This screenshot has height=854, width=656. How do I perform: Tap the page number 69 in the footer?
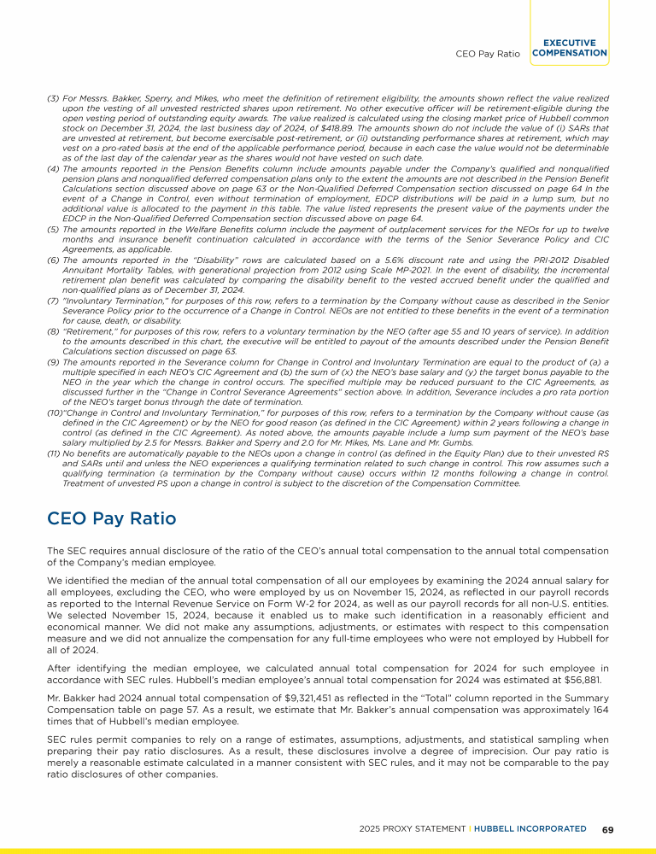pos(607,828)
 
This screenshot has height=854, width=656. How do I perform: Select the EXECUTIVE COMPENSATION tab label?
pos(569,48)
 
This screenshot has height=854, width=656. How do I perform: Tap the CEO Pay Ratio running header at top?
pos(488,53)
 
